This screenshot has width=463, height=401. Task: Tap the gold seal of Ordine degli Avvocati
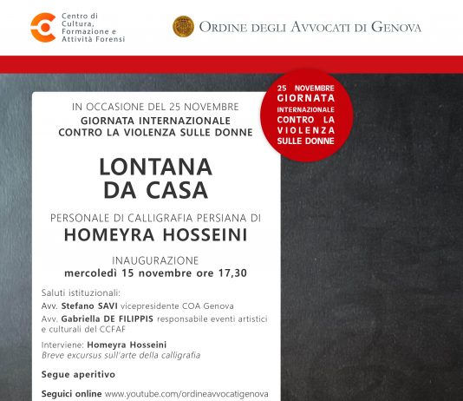click(x=183, y=27)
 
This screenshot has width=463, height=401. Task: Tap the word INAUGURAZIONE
click(x=155, y=260)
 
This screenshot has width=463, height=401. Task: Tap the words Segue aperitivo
click(x=78, y=374)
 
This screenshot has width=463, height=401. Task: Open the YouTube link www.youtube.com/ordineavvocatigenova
click(x=186, y=393)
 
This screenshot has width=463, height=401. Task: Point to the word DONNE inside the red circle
click(x=324, y=137)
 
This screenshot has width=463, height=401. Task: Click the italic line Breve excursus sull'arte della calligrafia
click(x=121, y=355)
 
